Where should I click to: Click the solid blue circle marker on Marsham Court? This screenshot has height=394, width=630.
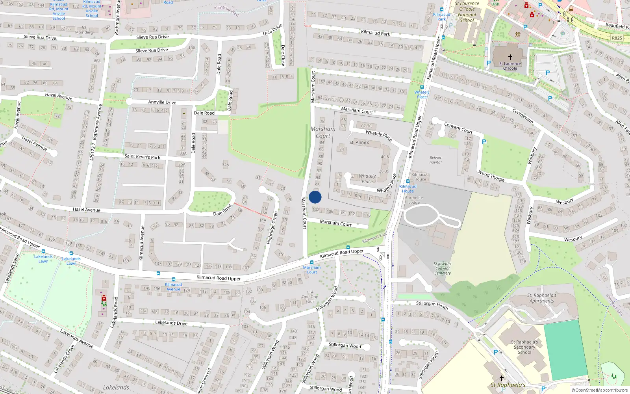click(315, 197)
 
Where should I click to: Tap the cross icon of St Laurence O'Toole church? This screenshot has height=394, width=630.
click(510, 57)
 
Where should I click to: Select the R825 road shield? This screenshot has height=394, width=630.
click(617, 38)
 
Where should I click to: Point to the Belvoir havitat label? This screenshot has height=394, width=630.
click(435, 160)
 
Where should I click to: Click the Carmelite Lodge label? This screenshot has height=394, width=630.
click(414, 200)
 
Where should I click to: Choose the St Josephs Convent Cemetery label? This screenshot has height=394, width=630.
click(443, 268)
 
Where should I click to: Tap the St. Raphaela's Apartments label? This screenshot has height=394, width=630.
click(542, 298)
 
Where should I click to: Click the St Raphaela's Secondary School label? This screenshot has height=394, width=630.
click(524, 347)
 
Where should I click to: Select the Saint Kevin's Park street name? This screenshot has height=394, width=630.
click(142, 157)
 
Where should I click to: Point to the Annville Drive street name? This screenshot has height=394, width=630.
click(162, 102)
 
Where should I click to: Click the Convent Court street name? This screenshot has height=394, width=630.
click(458, 128)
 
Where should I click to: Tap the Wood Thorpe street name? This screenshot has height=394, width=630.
click(491, 175)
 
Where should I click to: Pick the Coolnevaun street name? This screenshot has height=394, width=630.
click(523, 116)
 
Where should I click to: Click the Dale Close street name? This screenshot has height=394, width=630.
click(283, 55)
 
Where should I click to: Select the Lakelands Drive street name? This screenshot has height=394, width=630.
click(171, 323)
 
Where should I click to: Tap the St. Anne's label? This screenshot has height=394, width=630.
click(359, 142)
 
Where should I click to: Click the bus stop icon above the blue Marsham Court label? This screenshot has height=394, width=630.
click(311, 262)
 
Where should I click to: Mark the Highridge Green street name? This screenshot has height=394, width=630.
click(272, 228)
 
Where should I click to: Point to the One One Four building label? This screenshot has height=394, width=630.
click(310, 297)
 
